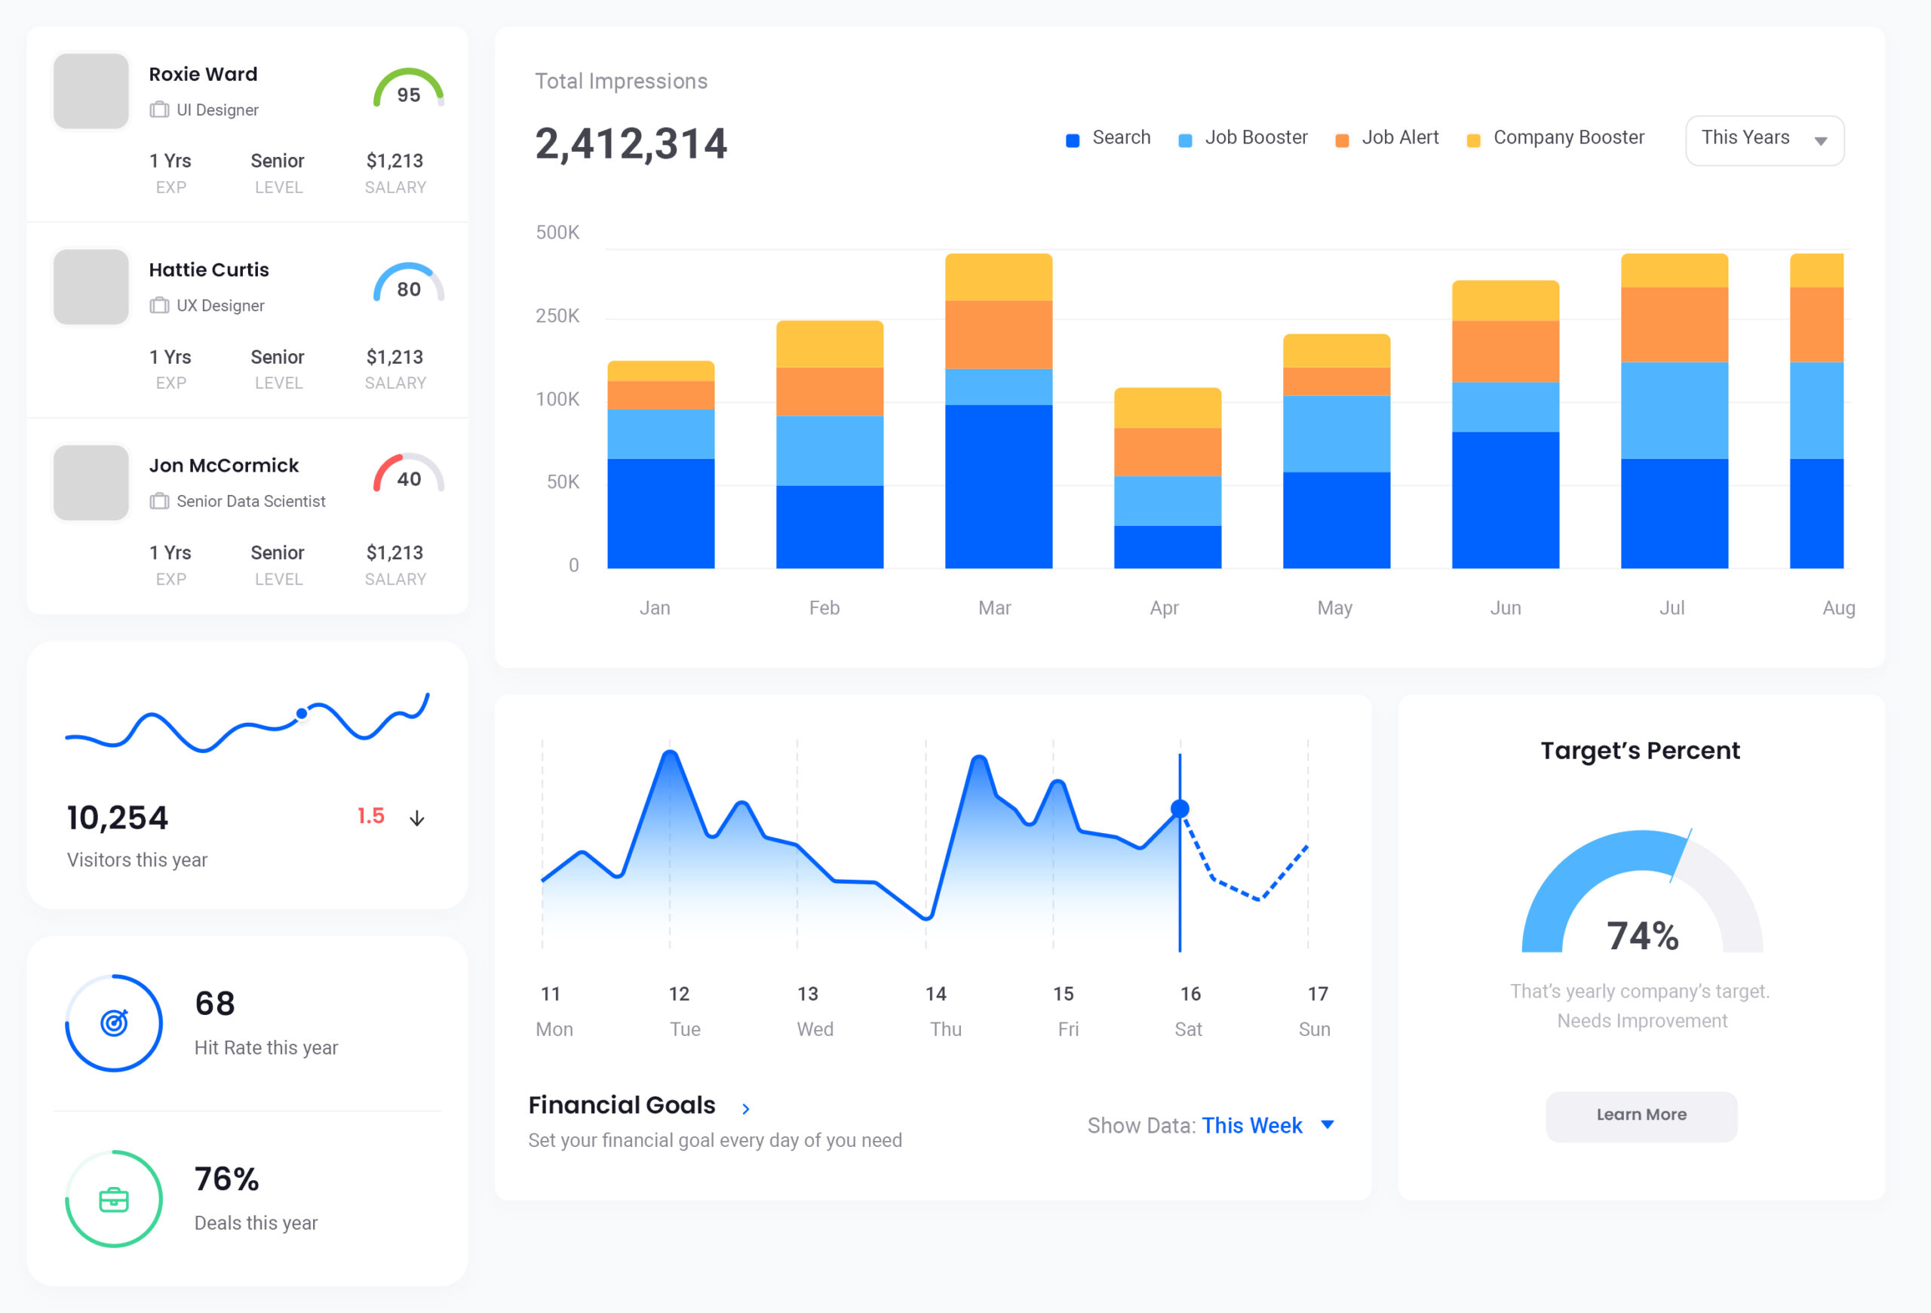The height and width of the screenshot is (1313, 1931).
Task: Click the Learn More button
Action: click(1641, 1115)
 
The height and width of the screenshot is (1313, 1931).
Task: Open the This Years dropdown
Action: click(1764, 140)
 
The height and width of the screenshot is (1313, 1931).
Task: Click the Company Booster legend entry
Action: click(1555, 138)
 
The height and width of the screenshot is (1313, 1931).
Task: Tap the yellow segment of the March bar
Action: click(998, 277)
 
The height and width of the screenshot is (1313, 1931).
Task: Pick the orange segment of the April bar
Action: click(1167, 451)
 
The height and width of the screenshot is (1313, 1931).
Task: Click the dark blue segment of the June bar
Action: click(1505, 500)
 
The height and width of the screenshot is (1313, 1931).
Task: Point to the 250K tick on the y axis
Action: click(557, 315)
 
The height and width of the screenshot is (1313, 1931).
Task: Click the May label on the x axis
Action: click(1334, 608)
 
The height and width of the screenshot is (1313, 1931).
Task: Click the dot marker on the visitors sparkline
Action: click(302, 713)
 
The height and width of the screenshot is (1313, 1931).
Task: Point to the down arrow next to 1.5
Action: click(417, 819)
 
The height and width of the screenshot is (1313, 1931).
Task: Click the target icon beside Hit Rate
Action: click(114, 1023)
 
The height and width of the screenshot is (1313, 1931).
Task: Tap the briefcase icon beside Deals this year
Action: click(114, 1199)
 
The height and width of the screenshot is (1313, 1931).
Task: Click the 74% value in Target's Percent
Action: click(1642, 936)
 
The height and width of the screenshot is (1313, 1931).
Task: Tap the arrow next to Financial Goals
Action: click(745, 1108)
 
